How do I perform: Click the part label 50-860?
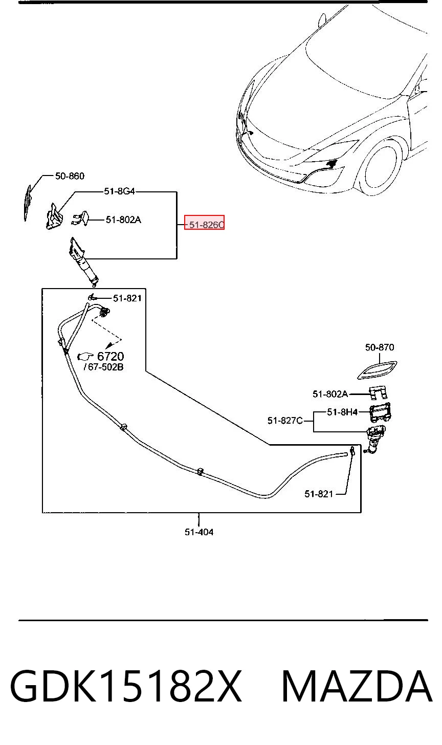(x=70, y=176)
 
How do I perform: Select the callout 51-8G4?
(x=119, y=191)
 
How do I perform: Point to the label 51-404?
(x=199, y=532)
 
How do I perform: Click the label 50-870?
(x=380, y=347)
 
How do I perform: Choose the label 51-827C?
(x=285, y=421)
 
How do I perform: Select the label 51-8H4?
(x=342, y=412)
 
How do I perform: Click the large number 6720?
(x=110, y=357)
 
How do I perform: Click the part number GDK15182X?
(x=126, y=686)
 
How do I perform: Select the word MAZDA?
(x=357, y=686)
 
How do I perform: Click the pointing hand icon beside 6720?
(x=86, y=356)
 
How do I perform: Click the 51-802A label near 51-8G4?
(x=123, y=220)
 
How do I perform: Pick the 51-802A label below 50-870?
(x=330, y=394)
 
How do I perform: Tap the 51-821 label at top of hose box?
(x=127, y=298)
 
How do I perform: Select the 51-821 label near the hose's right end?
(x=319, y=494)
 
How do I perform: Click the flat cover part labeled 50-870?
(x=377, y=370)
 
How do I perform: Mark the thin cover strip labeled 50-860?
(x=28, y=203)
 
